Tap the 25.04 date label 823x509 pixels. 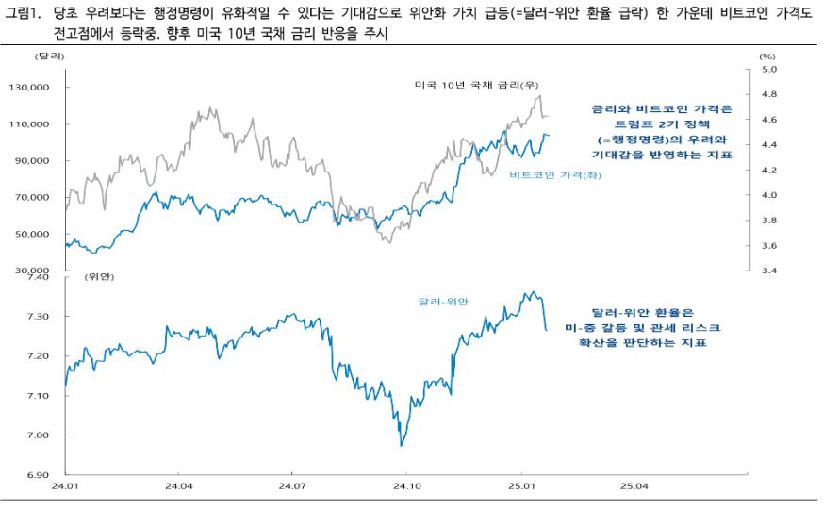coord(634,487)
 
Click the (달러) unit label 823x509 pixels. coord(49,57)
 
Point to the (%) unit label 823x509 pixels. coord(766,57)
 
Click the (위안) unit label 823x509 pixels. coord(98,278)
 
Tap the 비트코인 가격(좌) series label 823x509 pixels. coord(553,175)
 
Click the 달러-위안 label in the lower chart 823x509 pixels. coord(443,302)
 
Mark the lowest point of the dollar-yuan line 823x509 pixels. coord(402,445)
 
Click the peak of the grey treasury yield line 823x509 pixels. coord(539,96)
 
